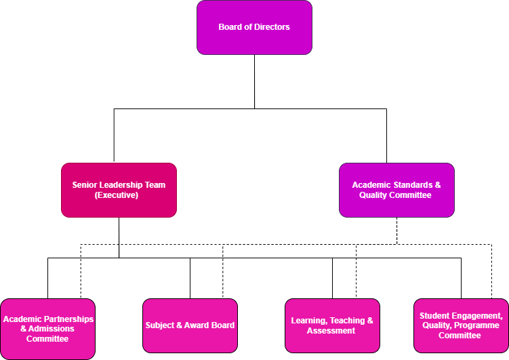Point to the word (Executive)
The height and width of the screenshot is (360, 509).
point(119,195)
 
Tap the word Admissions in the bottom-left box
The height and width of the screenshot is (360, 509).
point(52,329)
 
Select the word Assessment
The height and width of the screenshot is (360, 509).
point(331,331)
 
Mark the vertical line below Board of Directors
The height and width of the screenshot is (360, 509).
point(255,81)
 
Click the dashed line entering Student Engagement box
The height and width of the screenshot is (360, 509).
point(491,271)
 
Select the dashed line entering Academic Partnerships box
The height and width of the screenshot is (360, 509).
point(81,271)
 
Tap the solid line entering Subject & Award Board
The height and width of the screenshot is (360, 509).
point(190,278)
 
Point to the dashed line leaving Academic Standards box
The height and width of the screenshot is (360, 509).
point(397,231)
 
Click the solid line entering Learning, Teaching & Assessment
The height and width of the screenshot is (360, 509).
point(332,278)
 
